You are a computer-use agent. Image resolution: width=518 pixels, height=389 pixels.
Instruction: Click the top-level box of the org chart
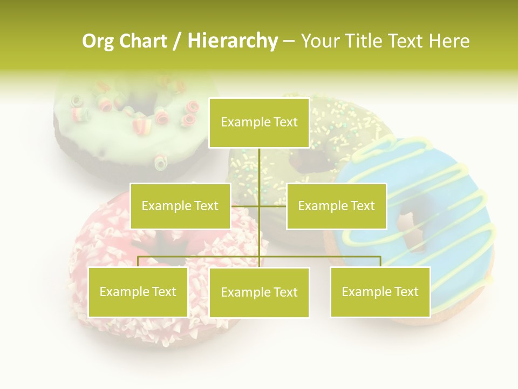[x=259, y=123]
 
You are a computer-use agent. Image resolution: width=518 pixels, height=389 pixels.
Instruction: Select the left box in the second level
[x=180, y=206]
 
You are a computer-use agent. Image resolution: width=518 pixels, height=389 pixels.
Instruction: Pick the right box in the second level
[x=336, y=206]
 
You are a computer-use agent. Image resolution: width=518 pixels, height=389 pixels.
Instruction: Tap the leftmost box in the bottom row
[x=138, y=292]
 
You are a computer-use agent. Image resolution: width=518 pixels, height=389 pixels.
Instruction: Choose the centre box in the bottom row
[x=259, y=292]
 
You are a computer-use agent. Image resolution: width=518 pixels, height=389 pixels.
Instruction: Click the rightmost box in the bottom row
[x=380, y=292]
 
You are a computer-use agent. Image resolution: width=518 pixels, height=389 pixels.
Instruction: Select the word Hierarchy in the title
[x=232, y=41]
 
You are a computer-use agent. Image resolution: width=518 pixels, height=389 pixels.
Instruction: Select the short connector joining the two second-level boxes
[x=258, y=206]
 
